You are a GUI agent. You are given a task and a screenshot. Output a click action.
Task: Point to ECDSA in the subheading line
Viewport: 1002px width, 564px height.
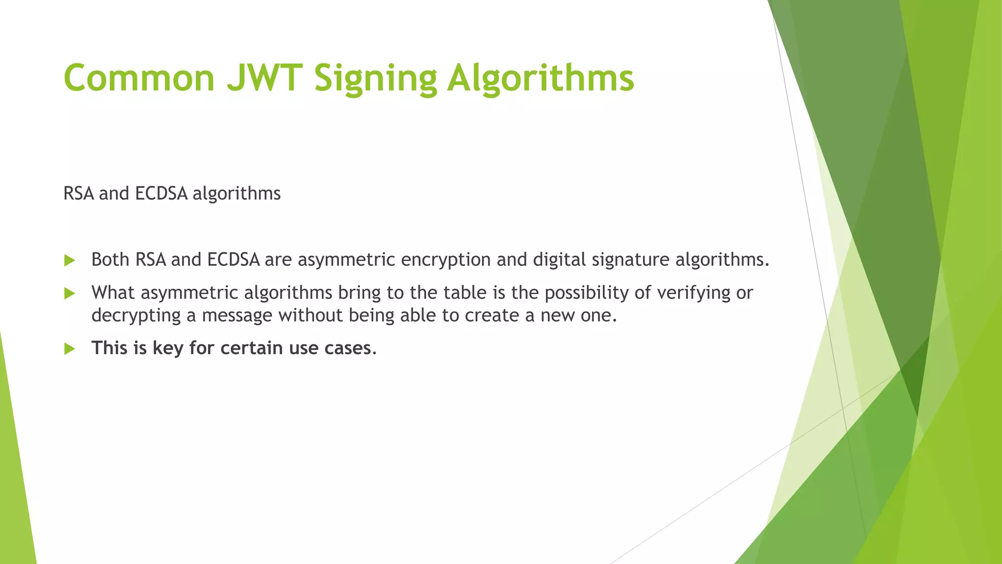(161, 193)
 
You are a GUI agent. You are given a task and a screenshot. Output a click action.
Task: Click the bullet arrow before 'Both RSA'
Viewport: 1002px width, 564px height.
(69, 260)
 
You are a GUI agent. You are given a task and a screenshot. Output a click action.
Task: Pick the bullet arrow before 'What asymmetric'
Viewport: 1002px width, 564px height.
(69, 293)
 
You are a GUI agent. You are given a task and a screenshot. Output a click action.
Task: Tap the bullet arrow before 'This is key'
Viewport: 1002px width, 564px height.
(69, 349)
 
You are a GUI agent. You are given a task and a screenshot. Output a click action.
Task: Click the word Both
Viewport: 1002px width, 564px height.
(110, 259)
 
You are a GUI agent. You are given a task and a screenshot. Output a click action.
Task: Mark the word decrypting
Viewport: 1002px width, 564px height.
(136, 316)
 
